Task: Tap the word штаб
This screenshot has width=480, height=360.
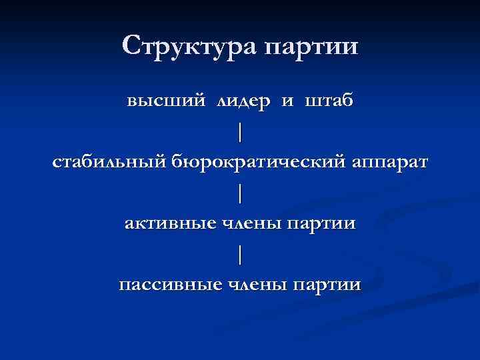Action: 329,102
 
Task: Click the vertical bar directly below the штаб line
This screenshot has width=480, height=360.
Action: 240,133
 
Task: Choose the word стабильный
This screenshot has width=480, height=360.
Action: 110,163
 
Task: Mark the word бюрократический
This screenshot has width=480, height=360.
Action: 260,163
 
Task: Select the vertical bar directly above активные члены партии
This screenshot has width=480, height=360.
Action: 240,193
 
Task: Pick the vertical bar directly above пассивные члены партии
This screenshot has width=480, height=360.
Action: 240,255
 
